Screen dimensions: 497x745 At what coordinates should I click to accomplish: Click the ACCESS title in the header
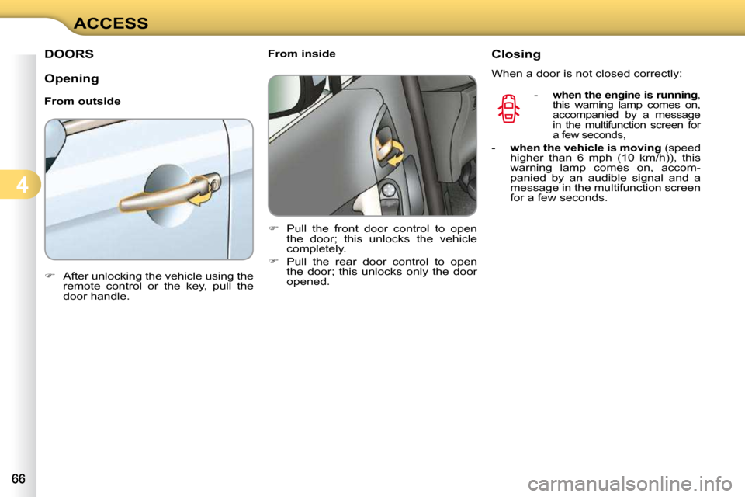point(111,23)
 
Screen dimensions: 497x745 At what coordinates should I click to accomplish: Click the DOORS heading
point(69,54)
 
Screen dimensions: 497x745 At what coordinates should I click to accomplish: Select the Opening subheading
point(71,78)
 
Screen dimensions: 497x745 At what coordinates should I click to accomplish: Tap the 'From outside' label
point(82,102)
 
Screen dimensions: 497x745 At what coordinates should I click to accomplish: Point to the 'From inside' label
point(302,54)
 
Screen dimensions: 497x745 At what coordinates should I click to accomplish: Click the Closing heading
point(516,54)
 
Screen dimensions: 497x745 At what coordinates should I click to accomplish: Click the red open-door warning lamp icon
point(509,108)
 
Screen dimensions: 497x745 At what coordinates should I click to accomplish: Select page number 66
point(18,479)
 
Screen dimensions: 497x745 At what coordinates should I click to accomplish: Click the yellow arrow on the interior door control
point(393,153)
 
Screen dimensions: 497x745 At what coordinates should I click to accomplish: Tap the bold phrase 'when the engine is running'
point(625,95)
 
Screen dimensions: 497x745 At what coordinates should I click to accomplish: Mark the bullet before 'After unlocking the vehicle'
point(49,276)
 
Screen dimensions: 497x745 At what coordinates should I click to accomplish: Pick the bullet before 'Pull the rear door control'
point(272,262)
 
